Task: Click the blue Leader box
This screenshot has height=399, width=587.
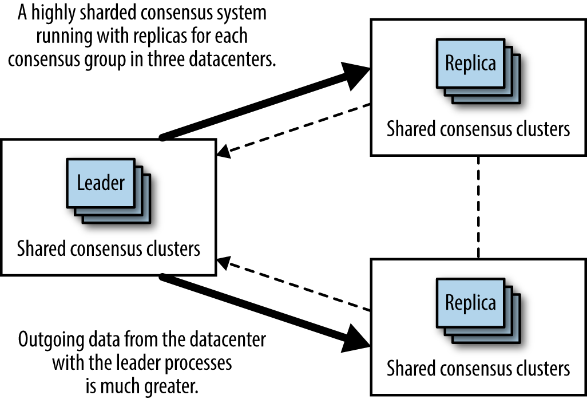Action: pyautogui.click(x=101, y=183)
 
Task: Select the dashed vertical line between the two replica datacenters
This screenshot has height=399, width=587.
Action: pyautogui.click(x=478, y=207)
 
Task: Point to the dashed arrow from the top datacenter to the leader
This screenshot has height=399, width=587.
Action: pyautogui.click(x=292, y=130)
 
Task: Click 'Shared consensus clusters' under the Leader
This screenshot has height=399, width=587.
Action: pyautogui.click(x=108, y=249)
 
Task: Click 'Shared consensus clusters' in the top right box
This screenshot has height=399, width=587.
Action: pyautogui.click(x=478, y=129)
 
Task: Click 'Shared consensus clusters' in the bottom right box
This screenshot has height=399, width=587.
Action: pyautogui.click(x=478, y=368)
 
